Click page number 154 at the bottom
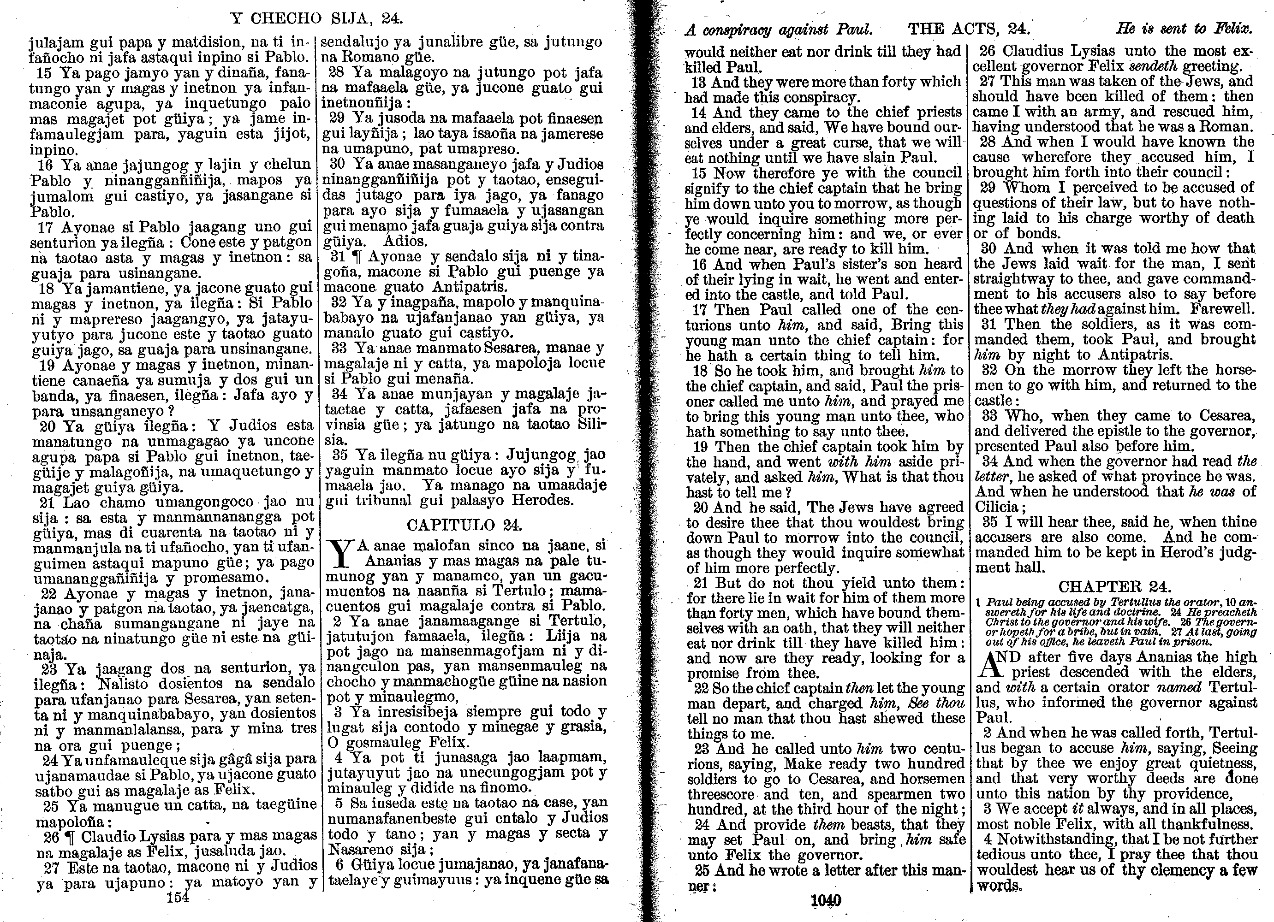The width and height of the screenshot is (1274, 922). [x=178, y=897]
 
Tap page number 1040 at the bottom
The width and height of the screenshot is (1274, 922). [x=826, y=901]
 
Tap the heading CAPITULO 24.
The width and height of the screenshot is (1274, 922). [x=464, y=525]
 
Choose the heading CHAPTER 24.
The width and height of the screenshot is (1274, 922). [x=1114, y=587]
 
